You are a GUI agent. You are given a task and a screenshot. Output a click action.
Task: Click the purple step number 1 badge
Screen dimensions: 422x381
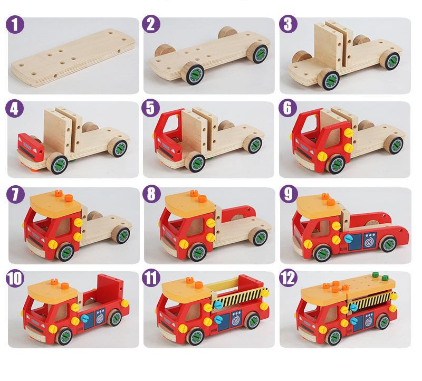(15, 24)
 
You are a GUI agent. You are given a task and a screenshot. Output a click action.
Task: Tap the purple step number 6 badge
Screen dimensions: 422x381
(287, 108)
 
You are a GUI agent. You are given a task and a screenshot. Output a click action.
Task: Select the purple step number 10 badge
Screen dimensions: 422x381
(15, 278)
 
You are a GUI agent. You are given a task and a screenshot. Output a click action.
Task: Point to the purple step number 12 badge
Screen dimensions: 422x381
(288, 278)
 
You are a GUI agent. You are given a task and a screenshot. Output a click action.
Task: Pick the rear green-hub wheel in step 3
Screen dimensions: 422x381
(390, 60)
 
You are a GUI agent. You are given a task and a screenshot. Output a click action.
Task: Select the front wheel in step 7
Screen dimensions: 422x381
(65, 252)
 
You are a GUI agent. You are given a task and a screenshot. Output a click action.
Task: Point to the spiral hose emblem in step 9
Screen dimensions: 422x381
(370, 240)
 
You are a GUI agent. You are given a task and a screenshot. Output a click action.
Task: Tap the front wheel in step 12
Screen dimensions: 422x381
(334, 337)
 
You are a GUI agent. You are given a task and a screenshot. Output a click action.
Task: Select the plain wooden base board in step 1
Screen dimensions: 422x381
(73, 58)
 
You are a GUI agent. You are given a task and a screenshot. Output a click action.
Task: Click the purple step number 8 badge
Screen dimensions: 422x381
(151, 194)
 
